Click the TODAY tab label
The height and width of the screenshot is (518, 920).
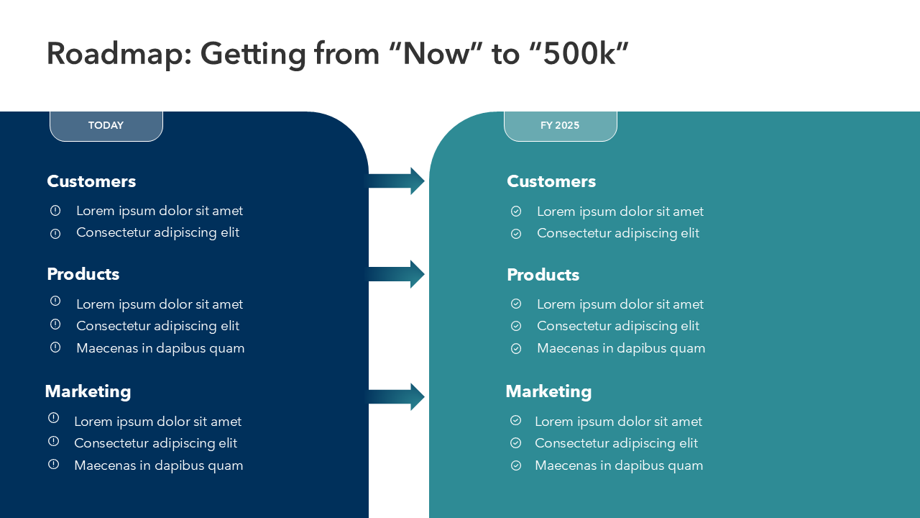(x=106, y=125)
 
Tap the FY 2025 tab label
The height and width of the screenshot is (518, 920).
(x=560, y=125)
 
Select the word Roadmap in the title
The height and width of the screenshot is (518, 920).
(x=119, y=55)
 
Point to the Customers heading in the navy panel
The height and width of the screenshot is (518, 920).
(x=91, y=181)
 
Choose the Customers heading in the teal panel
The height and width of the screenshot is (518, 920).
(x=551, y=181)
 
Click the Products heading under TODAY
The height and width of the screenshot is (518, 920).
(x=83, y=274)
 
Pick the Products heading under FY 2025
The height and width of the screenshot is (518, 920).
(x=543, y=275)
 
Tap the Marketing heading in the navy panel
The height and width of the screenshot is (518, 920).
(x=88, y=392)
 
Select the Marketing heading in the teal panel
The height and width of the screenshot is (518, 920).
(x=548, y=392)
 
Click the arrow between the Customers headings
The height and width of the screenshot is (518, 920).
(x=395, y=181)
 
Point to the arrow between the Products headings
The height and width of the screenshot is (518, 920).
(x=395, y=274)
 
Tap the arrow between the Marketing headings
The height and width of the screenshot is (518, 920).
(x=395, y=396)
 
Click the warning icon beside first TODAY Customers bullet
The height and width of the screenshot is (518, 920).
(x=55, y=211)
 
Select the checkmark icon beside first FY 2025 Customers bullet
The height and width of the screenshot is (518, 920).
(x=516, y=212)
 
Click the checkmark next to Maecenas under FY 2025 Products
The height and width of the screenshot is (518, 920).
(x=516, y=349)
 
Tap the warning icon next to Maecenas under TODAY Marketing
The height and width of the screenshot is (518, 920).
(x=53, y=464)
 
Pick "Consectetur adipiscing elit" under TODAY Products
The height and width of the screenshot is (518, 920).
(x=157, y=326)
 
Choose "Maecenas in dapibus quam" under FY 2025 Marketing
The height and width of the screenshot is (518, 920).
(x=619, y=465)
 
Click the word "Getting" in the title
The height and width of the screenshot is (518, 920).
(x=253, y=55)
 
